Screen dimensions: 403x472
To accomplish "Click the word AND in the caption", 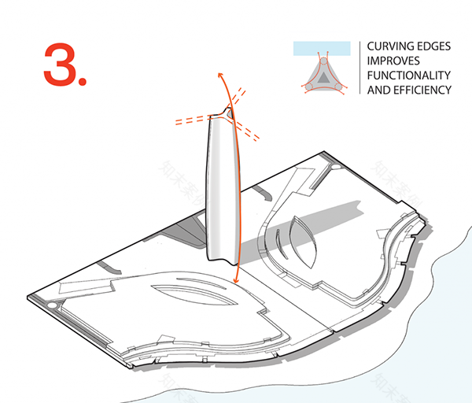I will point(378,89).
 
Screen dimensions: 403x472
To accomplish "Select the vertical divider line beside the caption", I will point(360,68).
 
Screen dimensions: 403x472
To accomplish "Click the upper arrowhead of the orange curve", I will point(219,73).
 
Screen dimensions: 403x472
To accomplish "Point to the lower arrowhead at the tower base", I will point(235,280).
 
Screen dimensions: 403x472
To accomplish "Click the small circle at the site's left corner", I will point(53,303).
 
